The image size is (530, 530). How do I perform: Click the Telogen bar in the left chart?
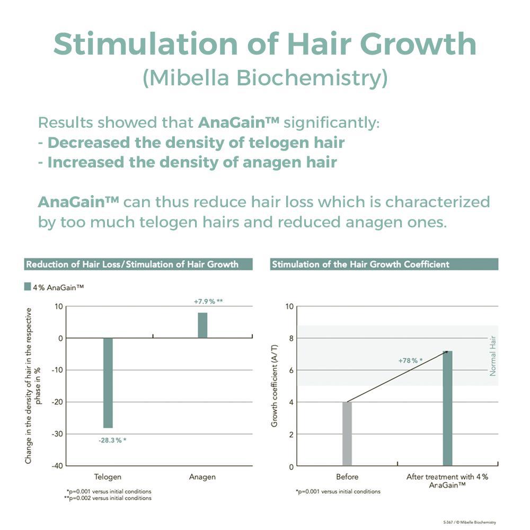[x=108, y=383]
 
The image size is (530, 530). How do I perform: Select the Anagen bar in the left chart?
[x=202, y=325]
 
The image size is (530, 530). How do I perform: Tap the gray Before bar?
[x=347, y=434]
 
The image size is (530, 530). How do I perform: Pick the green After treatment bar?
[x=447, y=408]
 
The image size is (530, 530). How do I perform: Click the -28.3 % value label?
[x=112, y=440]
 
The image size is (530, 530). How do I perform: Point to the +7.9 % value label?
[x=208, y=302]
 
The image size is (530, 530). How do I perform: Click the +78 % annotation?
[x=410, y=360]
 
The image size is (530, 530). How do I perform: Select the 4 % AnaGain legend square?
[x=28, y=287]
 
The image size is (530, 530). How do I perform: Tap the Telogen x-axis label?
[x=108, y=477]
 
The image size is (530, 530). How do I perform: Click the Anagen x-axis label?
[x=202, y=477]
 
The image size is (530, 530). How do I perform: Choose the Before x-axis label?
[x=347, y=477]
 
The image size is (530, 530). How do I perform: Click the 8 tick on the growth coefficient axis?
[x=289, y=338]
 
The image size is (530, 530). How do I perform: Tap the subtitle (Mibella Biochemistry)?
[x=265, y=78]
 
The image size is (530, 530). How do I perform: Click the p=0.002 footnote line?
[x=109, y=498]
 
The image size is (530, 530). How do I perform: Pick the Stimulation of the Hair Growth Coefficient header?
[x=360, y=264]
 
